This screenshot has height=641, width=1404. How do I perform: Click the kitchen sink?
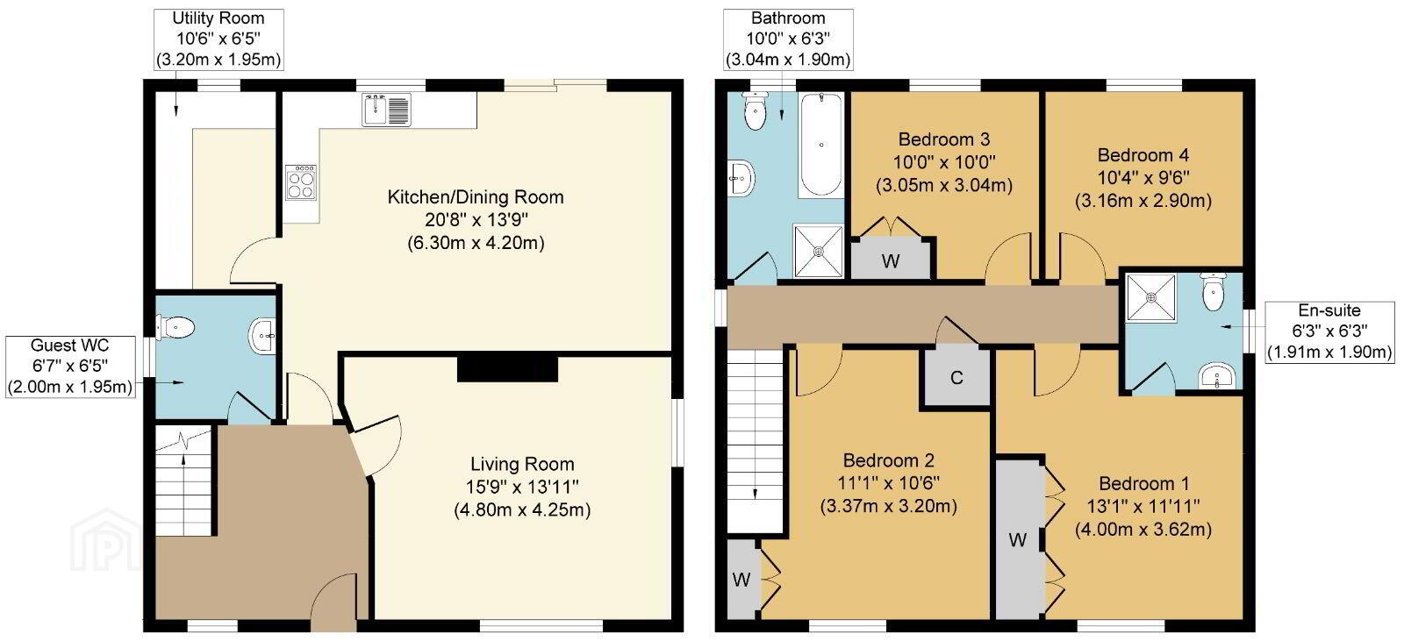[x=386, y=110]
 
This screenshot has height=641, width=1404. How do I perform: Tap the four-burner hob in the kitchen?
[x=300, y=182]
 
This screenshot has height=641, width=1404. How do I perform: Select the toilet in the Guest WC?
[x=175, y=327]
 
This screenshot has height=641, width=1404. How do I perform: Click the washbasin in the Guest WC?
[x=262, y=336]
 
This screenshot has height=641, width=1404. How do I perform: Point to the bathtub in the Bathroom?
[x=821, y=145]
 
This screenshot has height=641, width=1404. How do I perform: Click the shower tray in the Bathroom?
[x=819, y=251]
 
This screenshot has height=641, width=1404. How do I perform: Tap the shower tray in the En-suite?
[x=1150, y=297]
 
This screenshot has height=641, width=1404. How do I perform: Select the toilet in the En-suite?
[x=1214, y=291]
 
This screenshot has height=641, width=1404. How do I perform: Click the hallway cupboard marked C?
[x=956, y=378]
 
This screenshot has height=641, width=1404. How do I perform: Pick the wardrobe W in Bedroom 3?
[x=891, y=258]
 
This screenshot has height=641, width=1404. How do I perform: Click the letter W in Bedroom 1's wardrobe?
[x=1017, y=539]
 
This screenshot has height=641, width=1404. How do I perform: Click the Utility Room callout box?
[x=218, y=39]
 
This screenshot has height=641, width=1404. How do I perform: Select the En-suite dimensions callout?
[x=1329, y=331]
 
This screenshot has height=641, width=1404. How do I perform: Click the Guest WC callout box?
[x=70, y=367]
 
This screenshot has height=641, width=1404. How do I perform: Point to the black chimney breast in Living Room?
[x=507, y=367]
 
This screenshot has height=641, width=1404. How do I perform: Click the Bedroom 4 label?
[x=1143, y=154]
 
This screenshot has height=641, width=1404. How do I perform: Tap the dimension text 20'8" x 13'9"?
[x=476, y=220]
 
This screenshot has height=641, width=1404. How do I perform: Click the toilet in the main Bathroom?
[x=756, y=110]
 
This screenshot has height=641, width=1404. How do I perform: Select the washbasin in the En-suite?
[x=1215, y=376]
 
